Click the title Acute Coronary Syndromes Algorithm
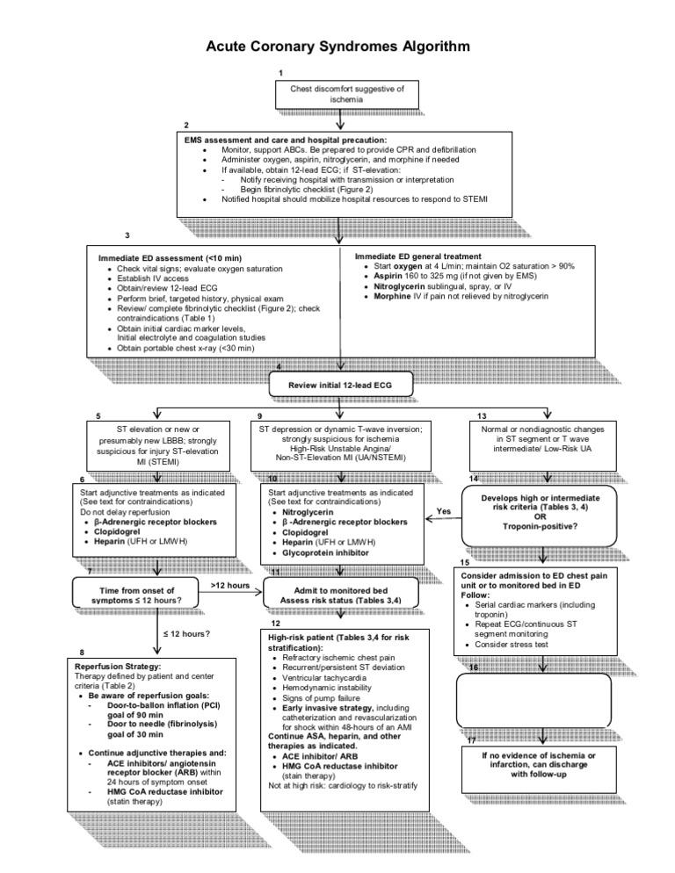point(337,46)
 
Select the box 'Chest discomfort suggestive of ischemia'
point(337,95)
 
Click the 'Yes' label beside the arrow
point(444,510)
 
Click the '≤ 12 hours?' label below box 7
point(186,633)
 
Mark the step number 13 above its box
point(482,415)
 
